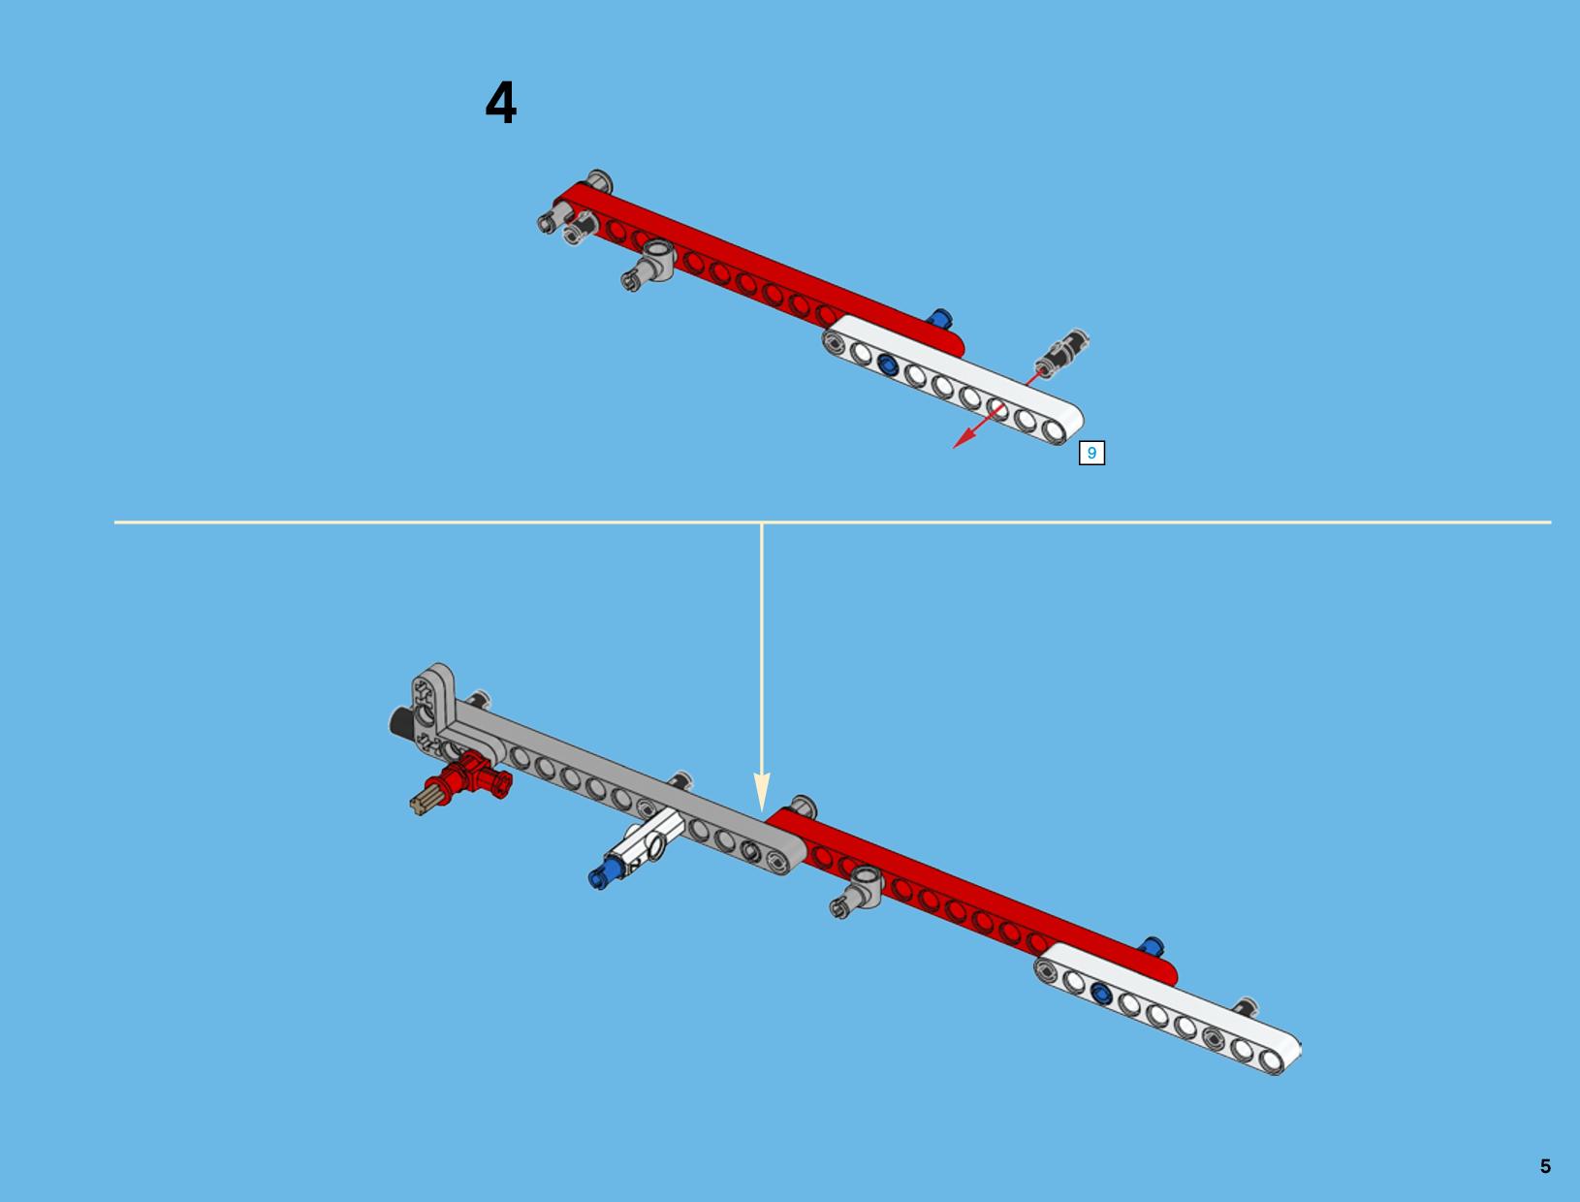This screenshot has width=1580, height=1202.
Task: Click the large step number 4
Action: pyautogui.click(x=501, y=102)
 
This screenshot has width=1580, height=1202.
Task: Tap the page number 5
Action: pyautogui.click(x=1545, y=1166)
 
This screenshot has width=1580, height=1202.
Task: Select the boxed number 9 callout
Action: pyautogui.click(x=1091, y=453)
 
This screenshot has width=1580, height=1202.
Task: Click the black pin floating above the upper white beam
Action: pyautogui.click(x=1061, y=353)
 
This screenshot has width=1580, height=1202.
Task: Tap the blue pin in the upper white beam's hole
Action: pyautogui.click(x=888, y=365)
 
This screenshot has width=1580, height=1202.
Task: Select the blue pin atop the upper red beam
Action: pyautogui.click(x=939, y=319)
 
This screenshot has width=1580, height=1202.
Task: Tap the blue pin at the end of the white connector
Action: pyautogui.click(x=603, y=873)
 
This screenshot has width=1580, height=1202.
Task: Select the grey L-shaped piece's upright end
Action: pyautogui.click(x=432, y=687)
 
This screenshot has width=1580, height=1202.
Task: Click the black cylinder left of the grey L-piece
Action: pyautogui.click(x=401, y=722)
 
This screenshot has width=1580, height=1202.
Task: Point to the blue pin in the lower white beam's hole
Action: pyautogui.click(x=1100, y=994)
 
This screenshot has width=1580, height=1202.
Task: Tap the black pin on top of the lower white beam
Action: pyautogui.click(x=1245, y=1007)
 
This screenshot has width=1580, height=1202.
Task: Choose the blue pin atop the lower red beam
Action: pyautogui.click(x=1151, y=946)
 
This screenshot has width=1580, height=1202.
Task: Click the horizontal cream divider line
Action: pyautogui.click(x=833, y=522)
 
